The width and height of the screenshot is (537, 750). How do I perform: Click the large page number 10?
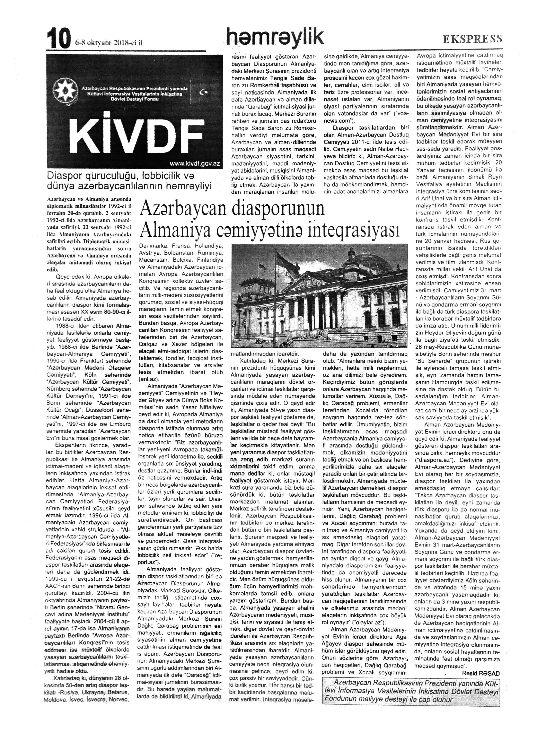coord(59,38)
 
